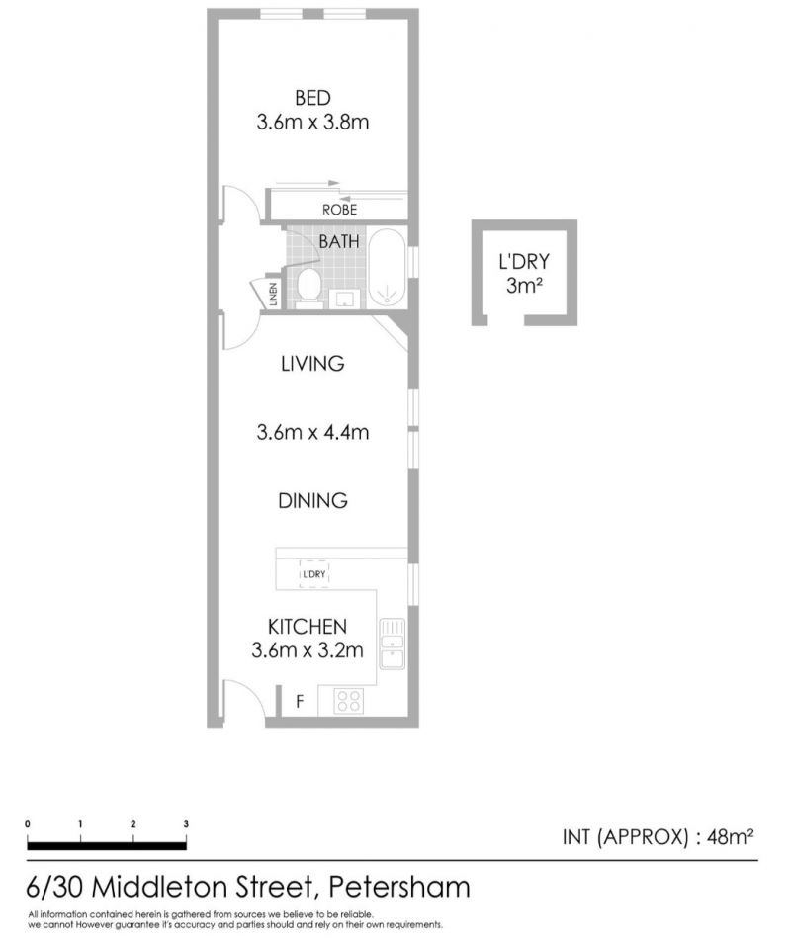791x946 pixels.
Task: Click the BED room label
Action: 312,98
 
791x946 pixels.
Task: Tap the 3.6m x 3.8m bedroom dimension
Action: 312,123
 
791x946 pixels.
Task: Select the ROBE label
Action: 339,210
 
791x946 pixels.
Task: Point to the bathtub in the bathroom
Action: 387,269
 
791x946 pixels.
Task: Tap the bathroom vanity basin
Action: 345,299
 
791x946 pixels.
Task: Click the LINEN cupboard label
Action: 273,294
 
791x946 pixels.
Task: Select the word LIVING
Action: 312,364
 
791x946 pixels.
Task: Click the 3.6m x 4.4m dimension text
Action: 312,433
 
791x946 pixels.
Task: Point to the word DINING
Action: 312,501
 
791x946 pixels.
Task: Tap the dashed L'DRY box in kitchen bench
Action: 313,573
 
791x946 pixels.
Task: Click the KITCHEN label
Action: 308,627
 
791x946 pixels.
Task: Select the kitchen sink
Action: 393,644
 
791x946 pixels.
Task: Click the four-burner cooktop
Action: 350,701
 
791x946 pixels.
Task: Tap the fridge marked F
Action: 300,702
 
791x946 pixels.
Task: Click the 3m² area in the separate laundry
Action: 524,285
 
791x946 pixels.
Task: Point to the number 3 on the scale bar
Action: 187,824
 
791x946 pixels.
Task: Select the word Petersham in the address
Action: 398,887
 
